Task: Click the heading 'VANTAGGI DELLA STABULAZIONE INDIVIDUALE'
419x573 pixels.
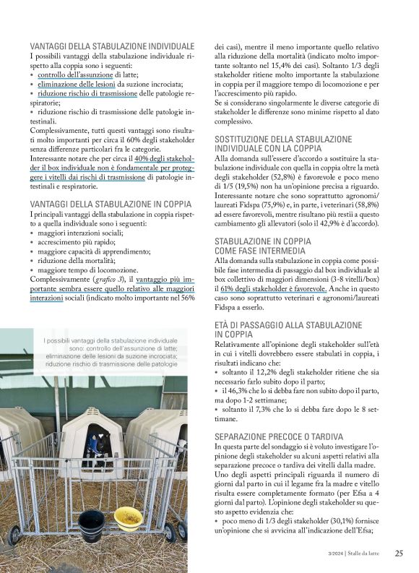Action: (x=112, y=46)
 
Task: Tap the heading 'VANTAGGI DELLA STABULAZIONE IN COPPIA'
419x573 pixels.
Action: (x=107, y=204)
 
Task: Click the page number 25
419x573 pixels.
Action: (x=399, y=554)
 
